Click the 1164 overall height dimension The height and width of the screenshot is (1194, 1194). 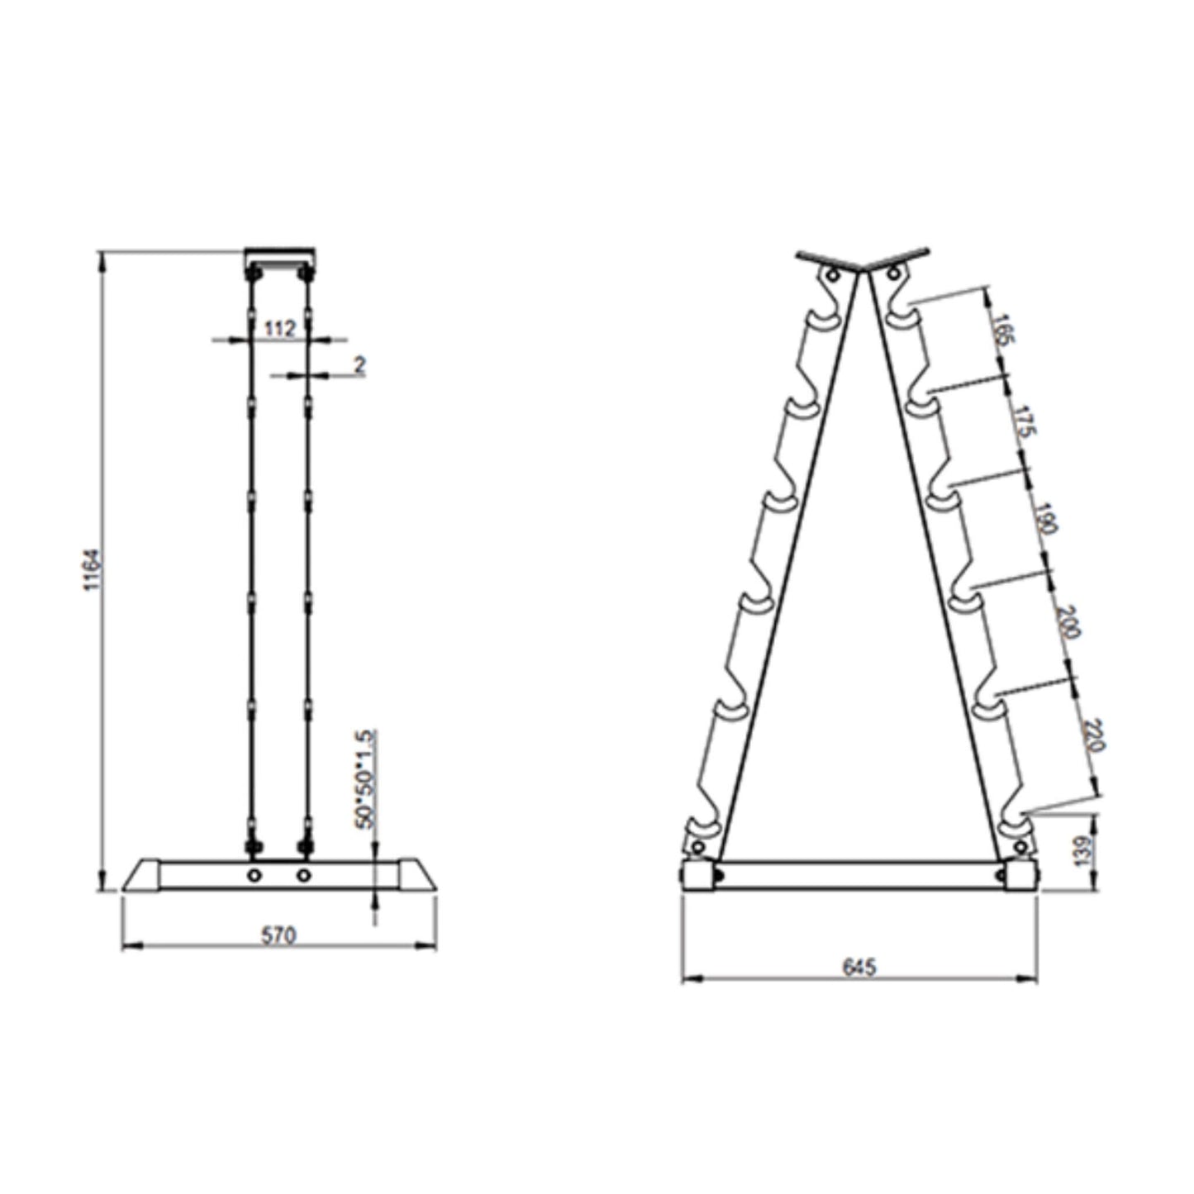tap(93, 569)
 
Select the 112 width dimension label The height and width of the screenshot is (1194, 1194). tap(279, 329)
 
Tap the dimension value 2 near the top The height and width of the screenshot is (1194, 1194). tap(359, 364)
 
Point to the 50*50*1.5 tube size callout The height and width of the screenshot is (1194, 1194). tap(365, 778)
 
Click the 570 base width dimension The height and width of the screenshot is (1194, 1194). tap(278, 935)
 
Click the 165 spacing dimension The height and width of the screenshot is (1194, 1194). tap(1002, 329)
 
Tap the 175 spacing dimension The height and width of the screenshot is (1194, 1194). tap(1024, 421)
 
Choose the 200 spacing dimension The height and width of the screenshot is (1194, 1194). tap(1067, 621)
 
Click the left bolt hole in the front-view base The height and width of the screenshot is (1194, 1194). tap(254, 874)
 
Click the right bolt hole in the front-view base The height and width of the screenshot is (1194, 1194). tap(304, 874)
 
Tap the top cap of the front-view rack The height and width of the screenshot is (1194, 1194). tap(279, 255)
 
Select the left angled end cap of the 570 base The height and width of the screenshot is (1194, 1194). tap(141, 876)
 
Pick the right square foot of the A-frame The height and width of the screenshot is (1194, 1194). tap(1021, 876)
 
